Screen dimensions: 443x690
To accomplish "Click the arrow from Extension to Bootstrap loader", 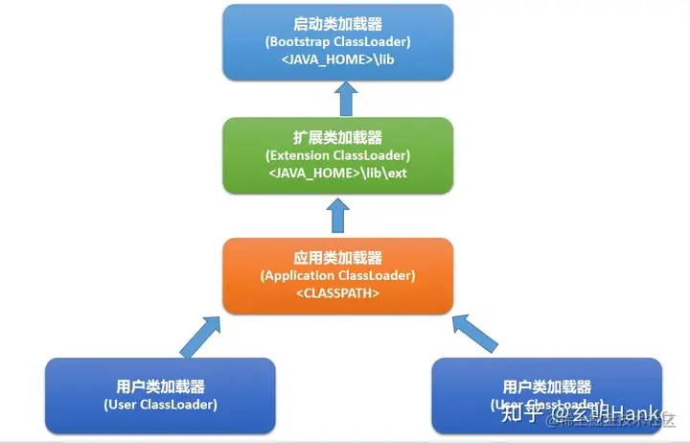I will (347, 98).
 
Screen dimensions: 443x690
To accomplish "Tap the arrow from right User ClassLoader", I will (476, 335).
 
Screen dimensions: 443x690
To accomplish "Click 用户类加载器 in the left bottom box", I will (160, 386).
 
